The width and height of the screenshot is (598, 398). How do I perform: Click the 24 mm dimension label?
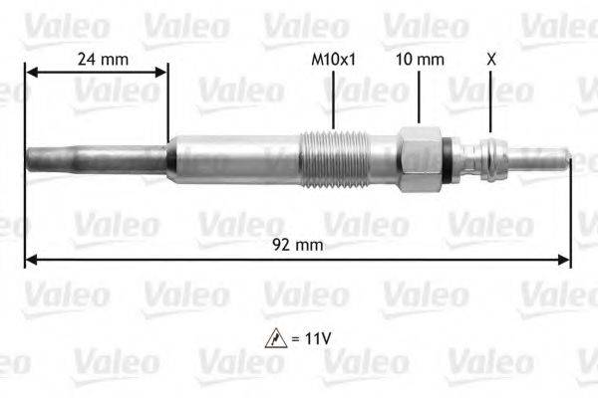click(103, 60)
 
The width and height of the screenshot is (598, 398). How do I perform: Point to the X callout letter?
click(490, 60)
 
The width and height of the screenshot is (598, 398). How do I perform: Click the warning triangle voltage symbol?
click(272, 338)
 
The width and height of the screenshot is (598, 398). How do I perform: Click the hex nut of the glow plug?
click(419, 159)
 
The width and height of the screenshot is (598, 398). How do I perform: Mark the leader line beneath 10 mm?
click(420, 99)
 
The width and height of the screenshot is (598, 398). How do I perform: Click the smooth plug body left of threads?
click(234, 159)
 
